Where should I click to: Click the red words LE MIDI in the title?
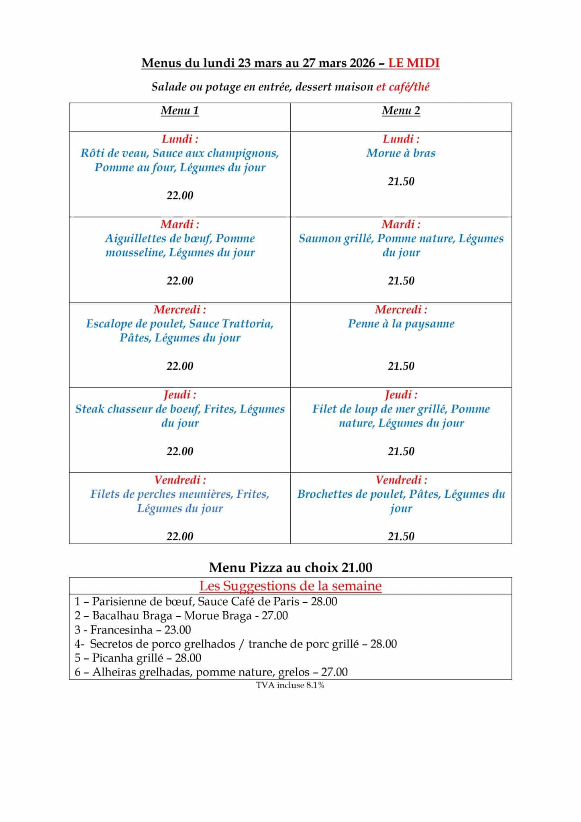coord(414,63)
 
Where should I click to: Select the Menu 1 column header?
coord(179,110)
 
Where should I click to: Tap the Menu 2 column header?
coord(401,110)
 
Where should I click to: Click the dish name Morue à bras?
coord(401,153)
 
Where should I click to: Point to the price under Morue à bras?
coord(401,181)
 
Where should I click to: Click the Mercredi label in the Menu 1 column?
coord(179,309)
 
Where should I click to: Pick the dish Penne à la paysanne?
coord(401,324)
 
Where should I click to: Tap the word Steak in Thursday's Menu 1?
coord(90,409)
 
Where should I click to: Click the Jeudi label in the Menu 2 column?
coord(401,395)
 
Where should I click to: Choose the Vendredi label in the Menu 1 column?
coord(179,480)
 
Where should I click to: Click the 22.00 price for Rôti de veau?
coord(179,195)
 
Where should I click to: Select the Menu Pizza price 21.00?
coord(357,567)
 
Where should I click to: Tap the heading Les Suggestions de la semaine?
coord(290,586)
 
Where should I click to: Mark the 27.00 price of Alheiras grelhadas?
coord(334,672)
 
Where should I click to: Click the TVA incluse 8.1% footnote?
coord(290,685)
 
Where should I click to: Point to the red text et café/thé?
coord(402,87)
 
